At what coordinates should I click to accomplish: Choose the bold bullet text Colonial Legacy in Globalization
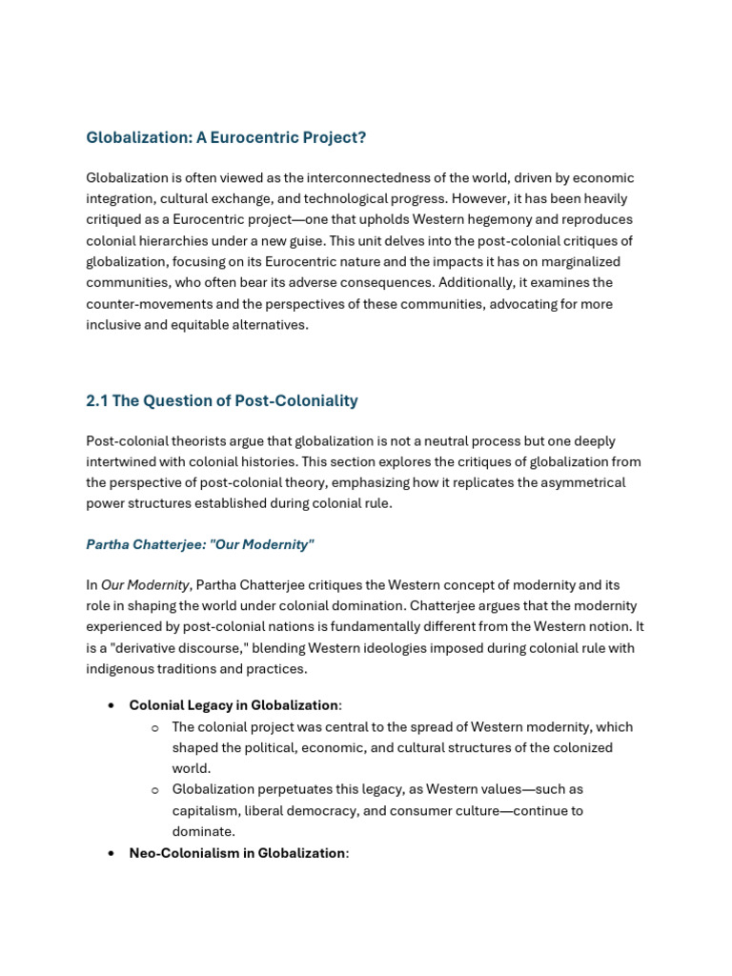[234, 705]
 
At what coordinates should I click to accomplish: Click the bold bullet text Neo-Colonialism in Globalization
[237, 853]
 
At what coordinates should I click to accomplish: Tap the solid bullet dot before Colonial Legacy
[112, 705]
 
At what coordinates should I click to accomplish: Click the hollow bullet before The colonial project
[154, 727]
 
